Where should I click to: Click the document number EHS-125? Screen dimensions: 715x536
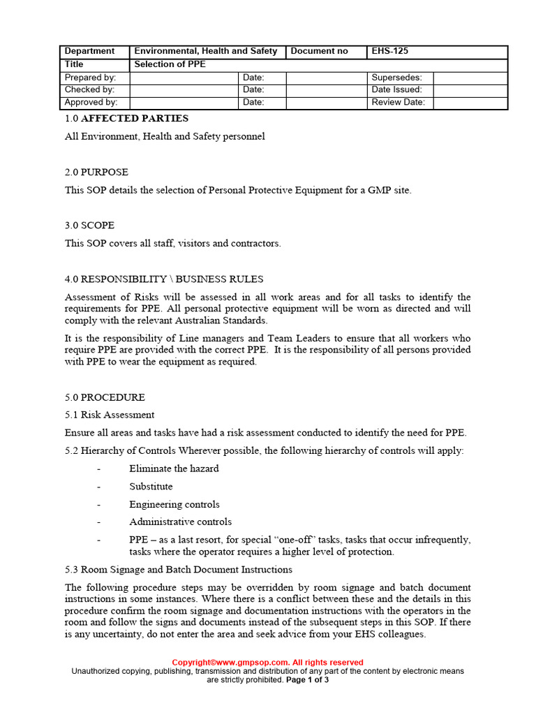coord(390,51)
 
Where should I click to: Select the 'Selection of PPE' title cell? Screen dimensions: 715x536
coord(170,64)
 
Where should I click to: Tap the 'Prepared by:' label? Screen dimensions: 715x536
coord(90,78)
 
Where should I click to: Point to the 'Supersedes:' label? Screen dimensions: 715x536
coord(396,78)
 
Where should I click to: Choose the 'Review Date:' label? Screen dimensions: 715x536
coord(399,103)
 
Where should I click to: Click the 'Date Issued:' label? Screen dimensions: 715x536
coord(396,90)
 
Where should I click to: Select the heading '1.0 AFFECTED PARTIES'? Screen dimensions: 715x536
coord(126,119)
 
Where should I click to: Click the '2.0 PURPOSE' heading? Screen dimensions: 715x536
coord(96,172)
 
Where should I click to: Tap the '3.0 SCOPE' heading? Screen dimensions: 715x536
coord(89,226)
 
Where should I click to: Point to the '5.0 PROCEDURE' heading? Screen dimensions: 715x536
coord(105,397)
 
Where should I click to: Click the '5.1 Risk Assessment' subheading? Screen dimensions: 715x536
coord(110,415)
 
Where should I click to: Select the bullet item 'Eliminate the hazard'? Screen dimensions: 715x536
coord(174,469)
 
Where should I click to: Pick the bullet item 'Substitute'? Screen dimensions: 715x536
coord(151,486)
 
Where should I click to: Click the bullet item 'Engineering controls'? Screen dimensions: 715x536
coord(174,504)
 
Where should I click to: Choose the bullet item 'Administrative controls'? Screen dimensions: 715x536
coord(180,522)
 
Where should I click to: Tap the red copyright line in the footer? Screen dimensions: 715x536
coord(267,662)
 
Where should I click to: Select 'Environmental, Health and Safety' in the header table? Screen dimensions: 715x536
coord(205,51)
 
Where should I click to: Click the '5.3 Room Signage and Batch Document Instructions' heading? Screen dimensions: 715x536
coord(178,570)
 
